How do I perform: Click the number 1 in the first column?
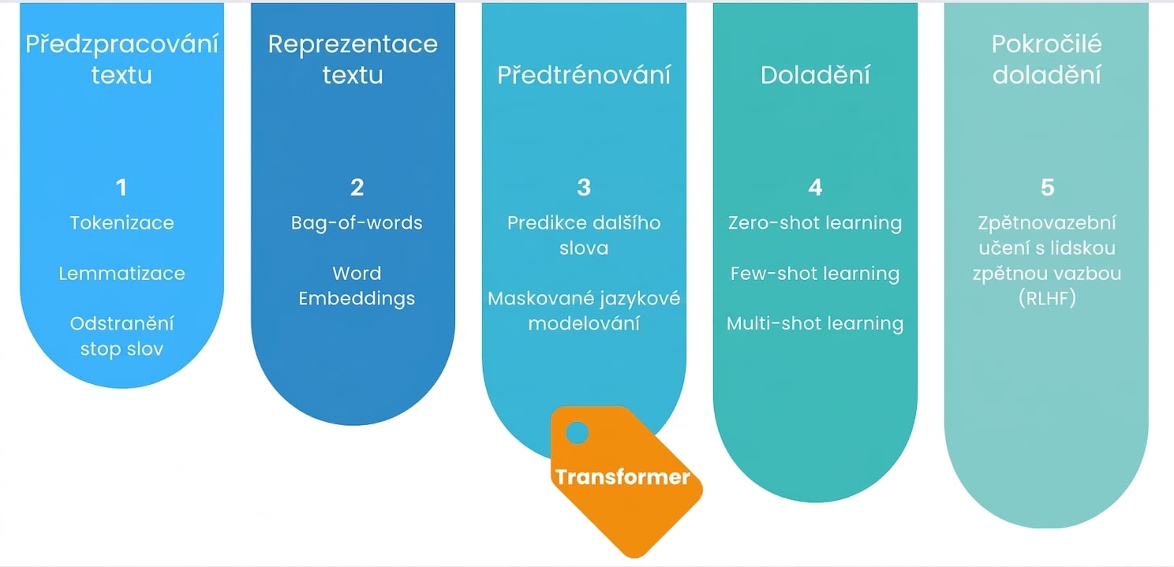[x=122, y=188]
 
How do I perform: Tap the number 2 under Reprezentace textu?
[x=357, y=188]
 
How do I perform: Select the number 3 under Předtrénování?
[x=584, y=188]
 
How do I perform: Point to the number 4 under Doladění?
[x=815, y=188]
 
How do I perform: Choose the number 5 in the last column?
[x=1047, y=188]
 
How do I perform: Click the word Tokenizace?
[x=122, y=223]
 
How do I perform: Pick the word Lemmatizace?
[x=122, y=274]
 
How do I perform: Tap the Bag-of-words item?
[x=357, y=223]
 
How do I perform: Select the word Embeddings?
[x=357, y=299]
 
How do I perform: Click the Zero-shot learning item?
[x=815, y=223]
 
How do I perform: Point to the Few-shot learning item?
[x=815, y=274]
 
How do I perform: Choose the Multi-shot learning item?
[x=815, y=324]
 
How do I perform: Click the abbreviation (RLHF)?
[x=1047, y=299]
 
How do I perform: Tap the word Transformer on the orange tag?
[x=623, y=477]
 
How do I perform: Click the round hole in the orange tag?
[x=577, y=433]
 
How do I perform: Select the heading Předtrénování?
[x=584, y=74]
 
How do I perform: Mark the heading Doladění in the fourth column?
[x=815, y=74]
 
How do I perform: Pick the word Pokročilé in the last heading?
[x=1047, y=44]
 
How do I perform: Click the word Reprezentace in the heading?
[x=353, y=44]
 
